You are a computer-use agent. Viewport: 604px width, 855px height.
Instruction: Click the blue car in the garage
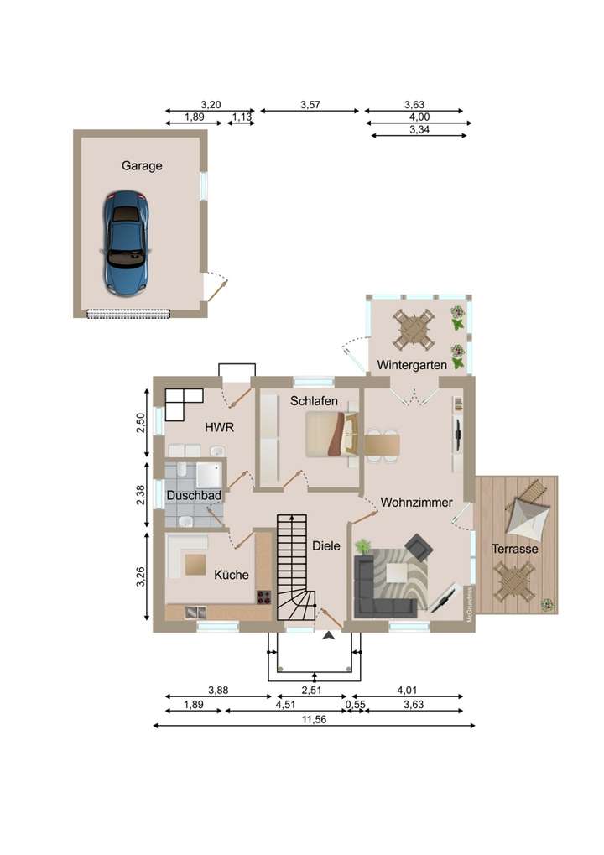pyautogui.click(x=126, y=242)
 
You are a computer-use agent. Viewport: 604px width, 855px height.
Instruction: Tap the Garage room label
pyautogui.click(x=142, y=166)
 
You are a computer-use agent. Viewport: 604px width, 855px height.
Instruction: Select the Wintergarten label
pyautogui.click(x=412, y=365)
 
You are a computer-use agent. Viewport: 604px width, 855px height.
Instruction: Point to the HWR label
pyautogui.click(x=219, y=427)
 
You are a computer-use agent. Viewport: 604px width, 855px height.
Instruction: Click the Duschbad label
pyautogui.click(x=194, y=496)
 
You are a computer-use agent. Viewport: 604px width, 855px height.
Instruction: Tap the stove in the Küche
pyautogui.click(x=263, y=597)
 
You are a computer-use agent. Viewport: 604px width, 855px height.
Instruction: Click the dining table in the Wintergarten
pyautogui.click(x=415, y=329)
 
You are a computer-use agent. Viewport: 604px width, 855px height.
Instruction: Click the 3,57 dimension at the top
pyautogui.click(x=311, y=105)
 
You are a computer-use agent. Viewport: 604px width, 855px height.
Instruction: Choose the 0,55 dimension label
pyautogui.click(x=356, y=705)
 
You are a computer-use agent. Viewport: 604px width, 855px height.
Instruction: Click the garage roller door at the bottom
pyautogui.click(x=129, y=313)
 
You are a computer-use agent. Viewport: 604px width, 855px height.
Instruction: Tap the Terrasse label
pyautogui.click(x=515, y=548)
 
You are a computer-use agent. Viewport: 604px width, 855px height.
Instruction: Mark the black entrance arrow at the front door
pyautogui.click(x=327, y=636)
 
